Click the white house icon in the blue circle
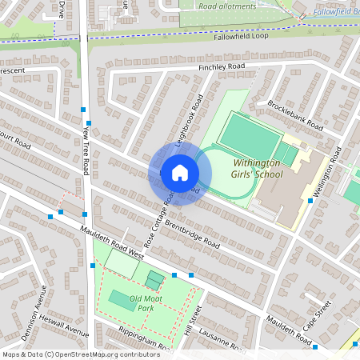coord(179,173)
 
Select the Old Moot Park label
coord(134,303)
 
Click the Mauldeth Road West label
coord(111,242)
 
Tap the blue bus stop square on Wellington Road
coord(310,201)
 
